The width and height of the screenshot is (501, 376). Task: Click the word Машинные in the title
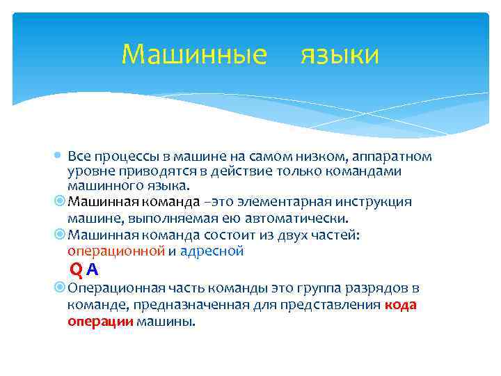tap(193, 54)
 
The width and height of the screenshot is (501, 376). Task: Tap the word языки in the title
tap(340, 54)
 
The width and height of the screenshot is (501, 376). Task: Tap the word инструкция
tap(379, 202)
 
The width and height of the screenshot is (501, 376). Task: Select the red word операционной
tap(116, 251)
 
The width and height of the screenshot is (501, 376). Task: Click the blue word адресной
tap(212, 251)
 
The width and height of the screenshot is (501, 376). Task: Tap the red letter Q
tap(76, 269)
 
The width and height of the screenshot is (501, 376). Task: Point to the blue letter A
tap(93, 269)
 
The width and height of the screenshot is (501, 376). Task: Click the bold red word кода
tap(400, 304)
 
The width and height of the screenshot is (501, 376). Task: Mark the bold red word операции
tap(100, 321)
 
